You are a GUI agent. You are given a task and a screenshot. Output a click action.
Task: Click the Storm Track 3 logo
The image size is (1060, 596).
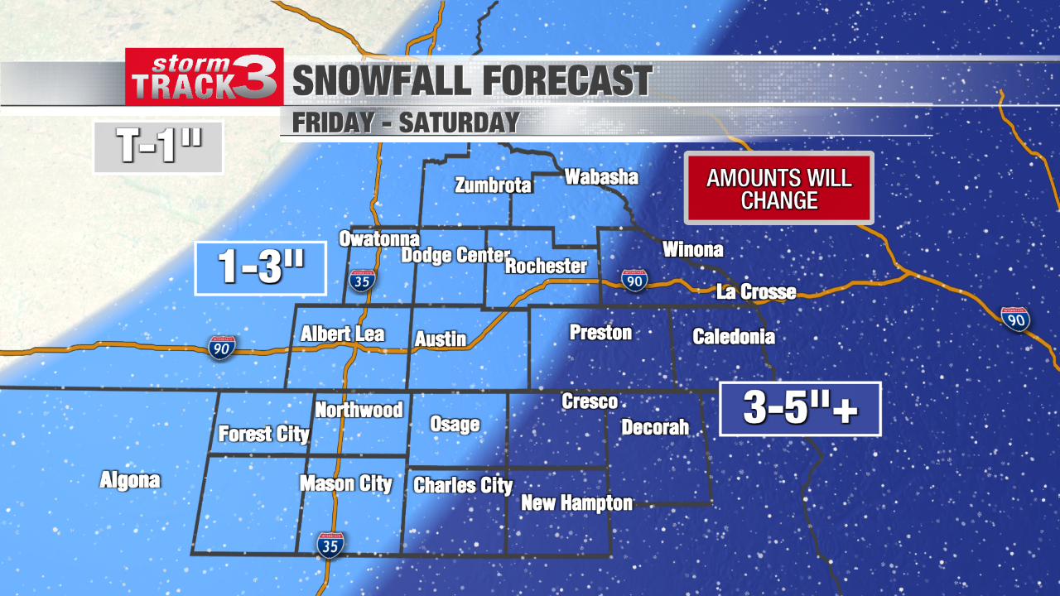pos(205,77)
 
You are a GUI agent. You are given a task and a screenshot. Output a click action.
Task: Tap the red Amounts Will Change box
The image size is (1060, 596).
pos(779,188)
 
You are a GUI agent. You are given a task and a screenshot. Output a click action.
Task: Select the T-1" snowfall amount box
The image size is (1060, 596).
pos(159,148)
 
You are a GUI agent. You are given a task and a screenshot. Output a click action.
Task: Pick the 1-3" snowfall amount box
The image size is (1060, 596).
pos(260,268)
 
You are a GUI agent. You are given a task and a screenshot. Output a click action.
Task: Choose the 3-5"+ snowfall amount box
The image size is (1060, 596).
pos(799,409)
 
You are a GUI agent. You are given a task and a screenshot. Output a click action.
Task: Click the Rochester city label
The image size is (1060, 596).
pos(546,267)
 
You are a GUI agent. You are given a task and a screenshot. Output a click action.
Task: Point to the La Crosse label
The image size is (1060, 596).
pos(756,291)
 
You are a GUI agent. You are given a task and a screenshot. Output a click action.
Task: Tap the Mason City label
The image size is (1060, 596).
pos(346,484)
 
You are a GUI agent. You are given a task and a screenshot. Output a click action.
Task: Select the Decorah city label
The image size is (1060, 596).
pos(655,427)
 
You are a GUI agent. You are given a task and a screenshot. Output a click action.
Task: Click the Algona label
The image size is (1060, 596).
pos(130,480)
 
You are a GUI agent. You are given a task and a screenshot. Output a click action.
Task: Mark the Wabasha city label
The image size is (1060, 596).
pos(601,177)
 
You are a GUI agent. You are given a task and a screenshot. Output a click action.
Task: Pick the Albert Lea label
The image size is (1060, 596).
pos(342,334)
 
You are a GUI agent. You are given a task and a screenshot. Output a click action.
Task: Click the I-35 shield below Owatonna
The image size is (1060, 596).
pos(361,280)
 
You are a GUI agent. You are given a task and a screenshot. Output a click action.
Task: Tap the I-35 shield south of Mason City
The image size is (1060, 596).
pos(330,544)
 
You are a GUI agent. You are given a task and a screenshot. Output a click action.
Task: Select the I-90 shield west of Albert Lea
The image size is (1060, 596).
pos(221,345)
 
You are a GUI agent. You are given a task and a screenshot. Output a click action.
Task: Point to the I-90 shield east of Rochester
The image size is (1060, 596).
pos(634,280)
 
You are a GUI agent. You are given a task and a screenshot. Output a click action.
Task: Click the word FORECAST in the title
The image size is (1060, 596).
pos(566,81)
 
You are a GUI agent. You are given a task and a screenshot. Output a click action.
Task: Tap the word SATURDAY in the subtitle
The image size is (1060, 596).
pos(460,123)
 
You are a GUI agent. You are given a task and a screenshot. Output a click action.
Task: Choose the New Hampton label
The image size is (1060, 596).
pos(576,502)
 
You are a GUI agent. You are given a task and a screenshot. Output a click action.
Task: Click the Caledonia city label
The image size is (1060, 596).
pos(734,336)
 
